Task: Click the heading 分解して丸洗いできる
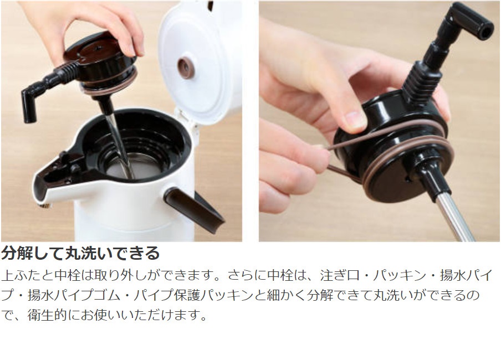click(80, 253)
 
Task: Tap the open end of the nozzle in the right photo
click(485, 31)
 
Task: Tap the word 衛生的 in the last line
click(47, 315)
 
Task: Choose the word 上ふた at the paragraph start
click(21, 275)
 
